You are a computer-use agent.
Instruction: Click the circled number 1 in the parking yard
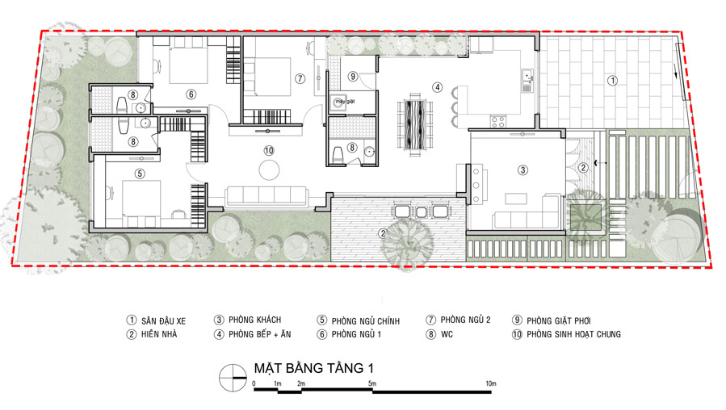click(x=612, y=81)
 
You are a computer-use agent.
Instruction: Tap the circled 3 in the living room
click(x=522, y=169)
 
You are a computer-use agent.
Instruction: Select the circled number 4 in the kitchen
click(x=437, y=87)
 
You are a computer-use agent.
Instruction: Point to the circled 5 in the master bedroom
click(x=140, y=174)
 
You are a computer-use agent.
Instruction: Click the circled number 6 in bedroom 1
click(x=191, y=94)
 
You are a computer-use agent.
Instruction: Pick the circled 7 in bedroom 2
click(x=300, y=78)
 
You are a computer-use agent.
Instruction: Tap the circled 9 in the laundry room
click(x=353, y=76)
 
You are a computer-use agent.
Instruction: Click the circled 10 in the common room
click(x=269, y=150)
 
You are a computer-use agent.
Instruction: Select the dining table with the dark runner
click(x=415, y=124)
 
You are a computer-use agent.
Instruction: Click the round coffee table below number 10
click(x=269, y=169)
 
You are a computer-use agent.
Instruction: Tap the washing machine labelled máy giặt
click(x=339, y=102)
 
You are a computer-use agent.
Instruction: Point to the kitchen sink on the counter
click(x=527, y=81)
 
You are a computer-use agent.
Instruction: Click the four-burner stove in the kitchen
click(x=498, y=122)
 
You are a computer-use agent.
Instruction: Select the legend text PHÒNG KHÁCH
click(x=254, y=320)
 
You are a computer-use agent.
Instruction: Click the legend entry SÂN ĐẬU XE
click(x=163, y=320)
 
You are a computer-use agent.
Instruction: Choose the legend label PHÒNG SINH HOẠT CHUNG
click(x=573, y=334)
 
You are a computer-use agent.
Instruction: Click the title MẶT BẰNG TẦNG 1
click(x=314, y=368)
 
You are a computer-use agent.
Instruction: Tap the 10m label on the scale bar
click(x=491, y=383)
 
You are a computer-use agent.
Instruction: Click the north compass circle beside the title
click(x=233, y=378)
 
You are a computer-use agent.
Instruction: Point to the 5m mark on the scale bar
click(x=372, y=383)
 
